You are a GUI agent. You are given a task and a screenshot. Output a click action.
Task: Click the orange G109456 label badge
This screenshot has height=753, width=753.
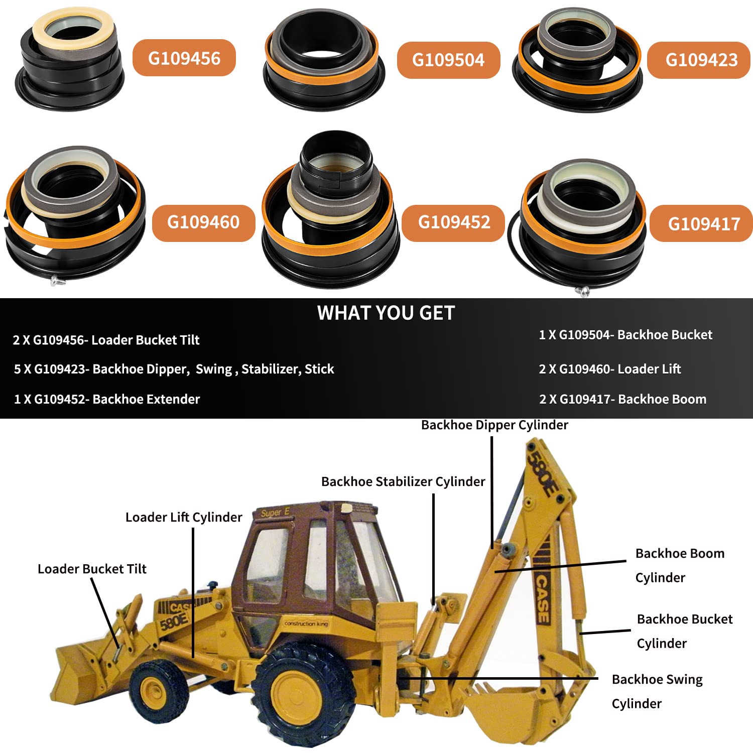point(184,58)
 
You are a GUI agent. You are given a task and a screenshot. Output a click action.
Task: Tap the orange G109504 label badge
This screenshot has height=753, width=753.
point(448,60)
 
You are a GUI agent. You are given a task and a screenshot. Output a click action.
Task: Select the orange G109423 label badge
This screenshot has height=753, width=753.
point(701,60)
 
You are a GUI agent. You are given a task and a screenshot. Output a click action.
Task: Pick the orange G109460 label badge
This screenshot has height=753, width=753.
point(203,222)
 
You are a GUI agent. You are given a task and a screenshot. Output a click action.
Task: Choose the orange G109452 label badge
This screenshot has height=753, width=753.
point(453,222)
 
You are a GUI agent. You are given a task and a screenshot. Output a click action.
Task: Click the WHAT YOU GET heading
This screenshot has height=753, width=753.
point(386,313)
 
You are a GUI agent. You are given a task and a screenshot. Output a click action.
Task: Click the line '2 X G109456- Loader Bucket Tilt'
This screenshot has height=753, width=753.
point(106,340)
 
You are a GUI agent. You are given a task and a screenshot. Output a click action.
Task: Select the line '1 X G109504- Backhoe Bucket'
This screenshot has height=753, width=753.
point(625,335)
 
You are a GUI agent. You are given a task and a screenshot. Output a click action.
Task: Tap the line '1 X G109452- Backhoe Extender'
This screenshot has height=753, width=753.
point(107,400)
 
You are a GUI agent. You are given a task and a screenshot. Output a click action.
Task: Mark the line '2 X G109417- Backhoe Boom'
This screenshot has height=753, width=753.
point(622,400)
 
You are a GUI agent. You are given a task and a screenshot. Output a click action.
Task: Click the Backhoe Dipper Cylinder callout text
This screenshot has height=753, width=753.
point(494,425)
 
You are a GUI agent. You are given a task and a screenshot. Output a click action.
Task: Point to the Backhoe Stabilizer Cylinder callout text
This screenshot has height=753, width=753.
point(403,482)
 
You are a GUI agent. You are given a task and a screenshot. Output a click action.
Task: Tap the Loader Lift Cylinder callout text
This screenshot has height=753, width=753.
point(184,518)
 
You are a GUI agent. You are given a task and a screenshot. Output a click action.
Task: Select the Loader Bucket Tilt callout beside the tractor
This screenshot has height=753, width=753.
point(92,569)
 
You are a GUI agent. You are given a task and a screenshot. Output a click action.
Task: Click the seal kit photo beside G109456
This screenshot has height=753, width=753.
point(70,60)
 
